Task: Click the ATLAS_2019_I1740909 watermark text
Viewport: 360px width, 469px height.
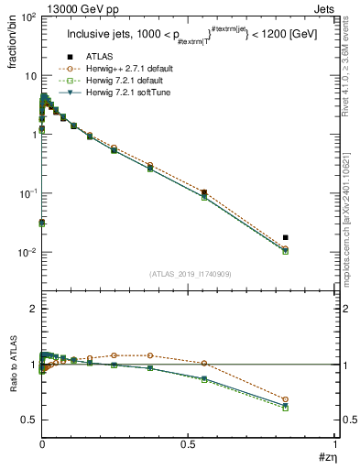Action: coord(189,274)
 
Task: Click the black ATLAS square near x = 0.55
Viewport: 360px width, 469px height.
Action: coord(203,193)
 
